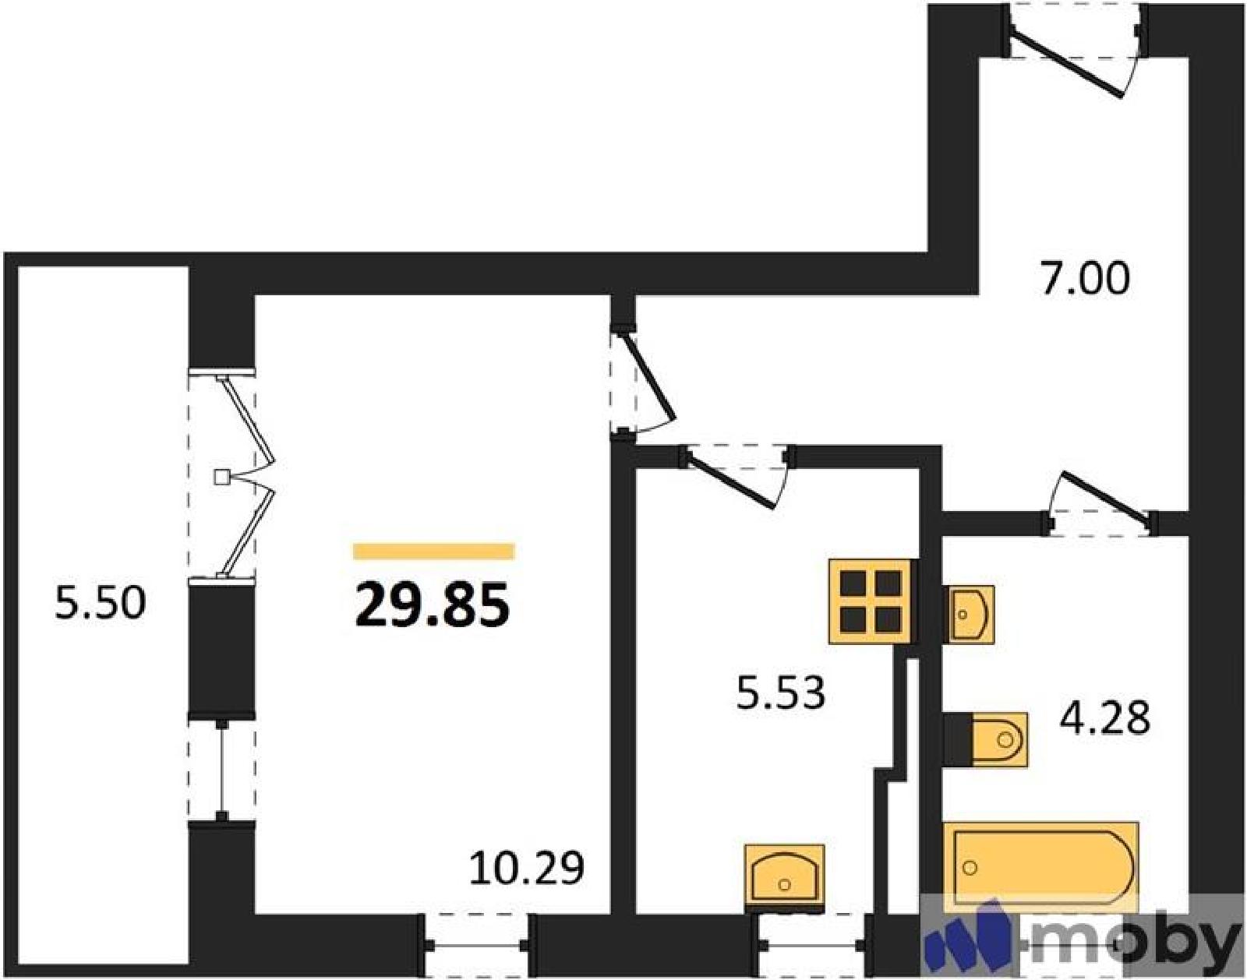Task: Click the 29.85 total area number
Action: tap(433, 605)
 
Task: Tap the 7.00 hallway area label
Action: tap(1085, 279)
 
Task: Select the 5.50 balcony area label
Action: tap(100, 603)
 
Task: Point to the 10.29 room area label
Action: tap(526, 868)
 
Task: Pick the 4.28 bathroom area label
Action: tap(1104, 718)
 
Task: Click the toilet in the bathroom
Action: tap(986, 740)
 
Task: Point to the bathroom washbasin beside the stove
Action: tap(971, 614)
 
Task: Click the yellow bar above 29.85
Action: tap(433, 551)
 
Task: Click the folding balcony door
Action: tap(246, 476)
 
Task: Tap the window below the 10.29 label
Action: tap(476, 946)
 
